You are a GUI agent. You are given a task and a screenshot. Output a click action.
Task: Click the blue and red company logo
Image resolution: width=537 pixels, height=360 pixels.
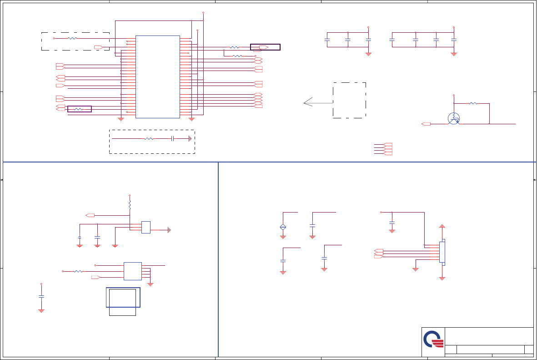[433, 340]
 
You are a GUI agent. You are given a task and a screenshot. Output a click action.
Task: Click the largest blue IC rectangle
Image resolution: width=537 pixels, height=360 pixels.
[157, 76]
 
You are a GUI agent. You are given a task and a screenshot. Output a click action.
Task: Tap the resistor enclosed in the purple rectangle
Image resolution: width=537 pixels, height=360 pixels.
[79, 109]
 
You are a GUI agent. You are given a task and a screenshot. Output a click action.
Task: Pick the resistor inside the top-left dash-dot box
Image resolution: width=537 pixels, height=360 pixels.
[72, 39]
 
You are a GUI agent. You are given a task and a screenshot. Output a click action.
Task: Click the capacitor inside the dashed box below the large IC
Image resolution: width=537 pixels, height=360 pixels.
[173, 138]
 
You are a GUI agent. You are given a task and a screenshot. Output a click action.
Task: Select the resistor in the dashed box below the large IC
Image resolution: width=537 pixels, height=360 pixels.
[149, 138]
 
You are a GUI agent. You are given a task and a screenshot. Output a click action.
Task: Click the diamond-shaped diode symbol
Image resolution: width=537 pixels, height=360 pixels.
[283, 227]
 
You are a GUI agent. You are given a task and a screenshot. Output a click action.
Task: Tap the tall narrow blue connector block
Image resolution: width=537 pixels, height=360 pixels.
[442, 252]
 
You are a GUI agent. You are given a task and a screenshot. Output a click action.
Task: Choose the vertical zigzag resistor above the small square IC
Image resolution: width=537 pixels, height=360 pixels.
[130, 204]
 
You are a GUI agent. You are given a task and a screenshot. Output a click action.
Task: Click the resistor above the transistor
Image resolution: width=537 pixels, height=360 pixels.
[473, 103]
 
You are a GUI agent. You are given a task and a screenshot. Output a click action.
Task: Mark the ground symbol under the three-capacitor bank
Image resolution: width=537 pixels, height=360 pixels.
[368, 54]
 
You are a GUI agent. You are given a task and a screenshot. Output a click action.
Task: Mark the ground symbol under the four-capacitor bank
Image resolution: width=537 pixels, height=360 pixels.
[453, 54]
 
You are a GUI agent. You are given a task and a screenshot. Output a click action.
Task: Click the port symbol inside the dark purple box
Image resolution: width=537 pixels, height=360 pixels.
[263, 47]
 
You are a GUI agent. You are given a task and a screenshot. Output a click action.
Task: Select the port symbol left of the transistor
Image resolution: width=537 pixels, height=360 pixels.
[426, 124]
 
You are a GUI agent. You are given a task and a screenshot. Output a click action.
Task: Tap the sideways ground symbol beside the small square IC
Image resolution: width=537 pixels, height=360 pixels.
[169, 230]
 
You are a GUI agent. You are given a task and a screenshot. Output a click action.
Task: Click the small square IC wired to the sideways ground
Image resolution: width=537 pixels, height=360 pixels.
[146, 227]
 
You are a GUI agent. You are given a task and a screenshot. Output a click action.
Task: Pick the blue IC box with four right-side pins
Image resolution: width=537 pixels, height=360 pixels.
[132, 271]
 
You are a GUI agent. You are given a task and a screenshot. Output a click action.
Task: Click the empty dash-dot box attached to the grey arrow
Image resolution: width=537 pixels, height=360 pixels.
[349, 100]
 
